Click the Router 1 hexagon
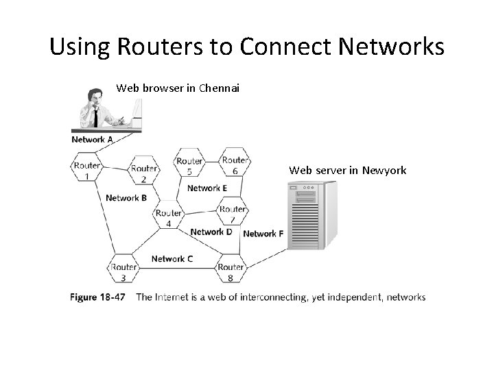point(87,169)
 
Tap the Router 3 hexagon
point(123,271)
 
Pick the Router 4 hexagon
point(169,217)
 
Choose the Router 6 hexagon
point(235,165)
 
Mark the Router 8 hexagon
point(231,271)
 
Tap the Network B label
point(126,198)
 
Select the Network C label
point(172,258)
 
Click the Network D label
point(211,232)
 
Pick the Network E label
point(207,188)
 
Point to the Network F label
point(263,234)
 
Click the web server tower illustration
point(311,215)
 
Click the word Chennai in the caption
point(219,88)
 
